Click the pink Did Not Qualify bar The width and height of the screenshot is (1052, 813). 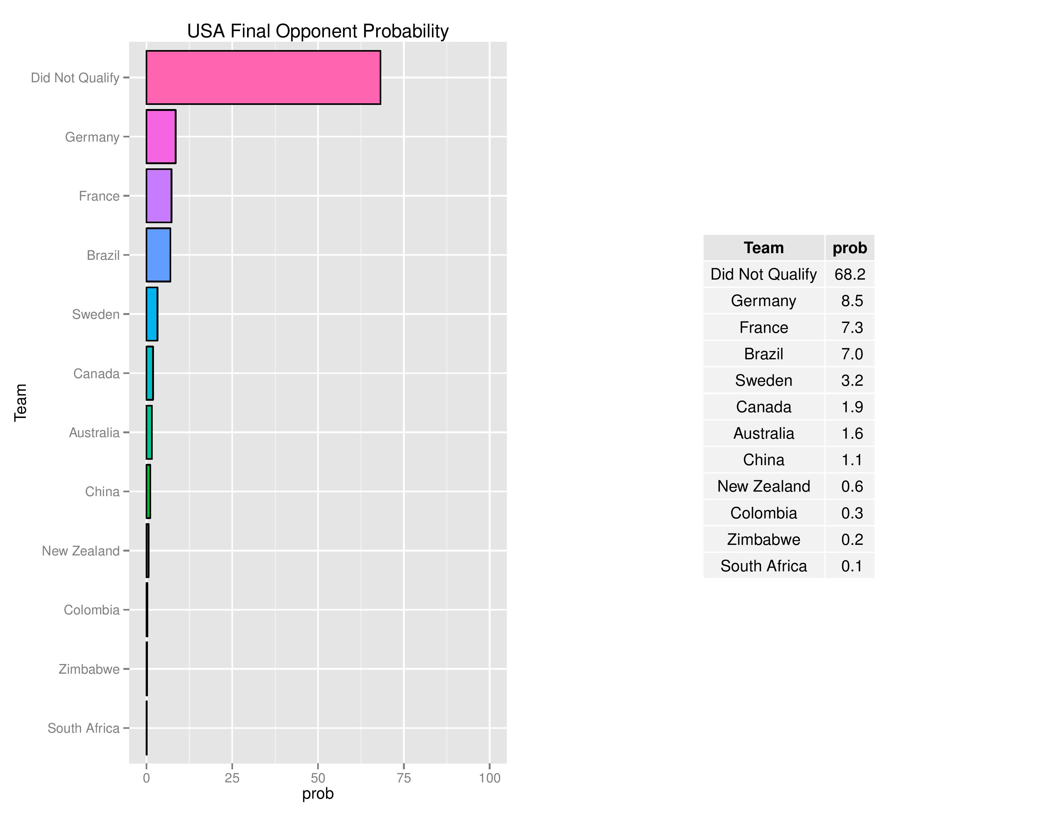[263, 77]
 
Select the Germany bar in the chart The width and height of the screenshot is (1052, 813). [161, 137]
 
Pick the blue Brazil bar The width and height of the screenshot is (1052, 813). [158, 255]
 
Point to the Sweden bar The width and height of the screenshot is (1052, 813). [152, 314]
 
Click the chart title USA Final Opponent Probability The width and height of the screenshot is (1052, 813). [318, 31]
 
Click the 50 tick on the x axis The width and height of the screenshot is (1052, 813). [318, 778]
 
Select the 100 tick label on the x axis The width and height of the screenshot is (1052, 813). [489, 778]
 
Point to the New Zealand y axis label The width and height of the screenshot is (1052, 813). [80, 551]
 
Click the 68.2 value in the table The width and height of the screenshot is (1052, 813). [850, 274]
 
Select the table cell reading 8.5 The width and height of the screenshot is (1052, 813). [851, 301]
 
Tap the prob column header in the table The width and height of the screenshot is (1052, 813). [850, 247]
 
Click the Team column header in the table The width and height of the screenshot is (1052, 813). [763, 247]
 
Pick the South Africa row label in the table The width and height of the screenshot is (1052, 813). [763, 566]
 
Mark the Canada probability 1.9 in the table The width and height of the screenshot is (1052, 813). [851, 407]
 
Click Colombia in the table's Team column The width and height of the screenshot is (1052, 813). [763, 513]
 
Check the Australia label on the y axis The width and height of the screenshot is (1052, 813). [94, 433]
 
